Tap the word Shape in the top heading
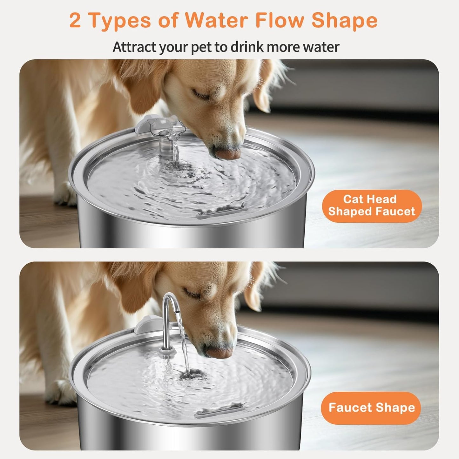344,21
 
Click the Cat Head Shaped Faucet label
372,206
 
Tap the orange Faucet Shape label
371,408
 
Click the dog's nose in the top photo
228,153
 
